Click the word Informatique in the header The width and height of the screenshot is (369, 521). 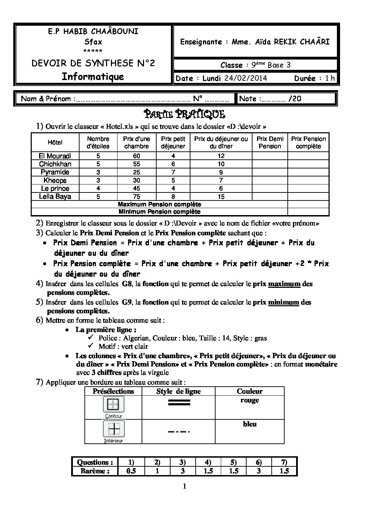(x=93, y=77)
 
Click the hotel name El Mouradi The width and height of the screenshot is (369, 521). (x=55, y=156)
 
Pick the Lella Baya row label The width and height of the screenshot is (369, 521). (x=55, y=197)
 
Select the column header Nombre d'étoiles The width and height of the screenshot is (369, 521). (x=98, y=143)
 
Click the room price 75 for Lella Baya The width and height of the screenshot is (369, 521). (x=136, y=197)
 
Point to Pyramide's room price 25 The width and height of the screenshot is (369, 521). (x=136, y=172)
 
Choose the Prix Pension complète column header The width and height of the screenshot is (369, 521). (x=308, y=143)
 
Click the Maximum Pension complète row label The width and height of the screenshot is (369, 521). (x=159, y=204)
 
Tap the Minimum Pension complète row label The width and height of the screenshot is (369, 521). (x=159, y=212)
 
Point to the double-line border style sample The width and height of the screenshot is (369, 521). (x=179, y=403)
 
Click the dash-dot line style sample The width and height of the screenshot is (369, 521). (x=179, y=432)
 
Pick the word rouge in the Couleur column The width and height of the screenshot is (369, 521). (x=250, y=400)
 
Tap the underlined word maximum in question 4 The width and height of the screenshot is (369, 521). (x=284, y=284)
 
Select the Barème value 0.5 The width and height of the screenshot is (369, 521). (x=131, y=471)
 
